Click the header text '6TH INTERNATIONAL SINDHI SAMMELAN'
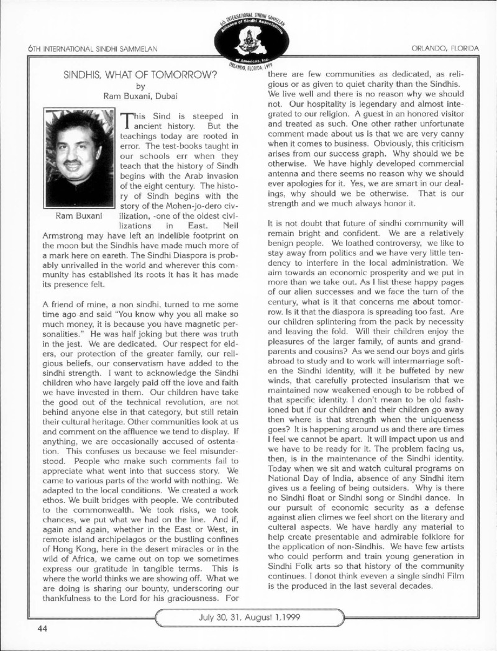pyautogui.click(x=83, y=48)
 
